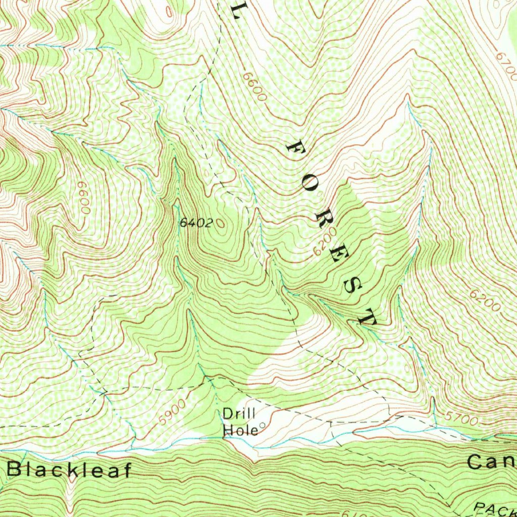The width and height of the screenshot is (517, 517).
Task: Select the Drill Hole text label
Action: click(240, 422)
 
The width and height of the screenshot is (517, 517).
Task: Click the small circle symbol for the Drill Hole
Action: click(262, 425)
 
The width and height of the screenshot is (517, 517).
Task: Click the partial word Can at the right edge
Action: click(491, 461)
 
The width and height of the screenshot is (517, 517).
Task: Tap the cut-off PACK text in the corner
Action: click(495, 509)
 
